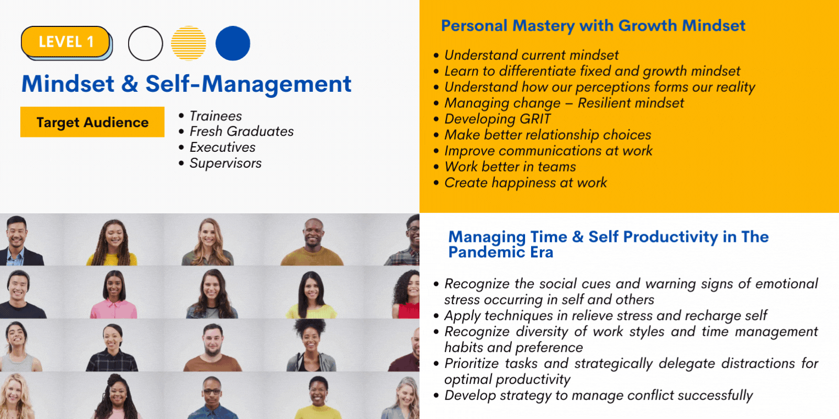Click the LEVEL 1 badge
point(67,42)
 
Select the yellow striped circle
point(189,43)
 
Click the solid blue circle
point(233,43)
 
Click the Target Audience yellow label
point(92,122)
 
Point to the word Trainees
point(216,116)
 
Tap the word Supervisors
point(225,163)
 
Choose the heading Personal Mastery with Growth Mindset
point(593,26)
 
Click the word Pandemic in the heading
point(490,252)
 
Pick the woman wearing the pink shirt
point(114,294)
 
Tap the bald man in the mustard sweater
point(312,242)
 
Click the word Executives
point(222,147)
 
